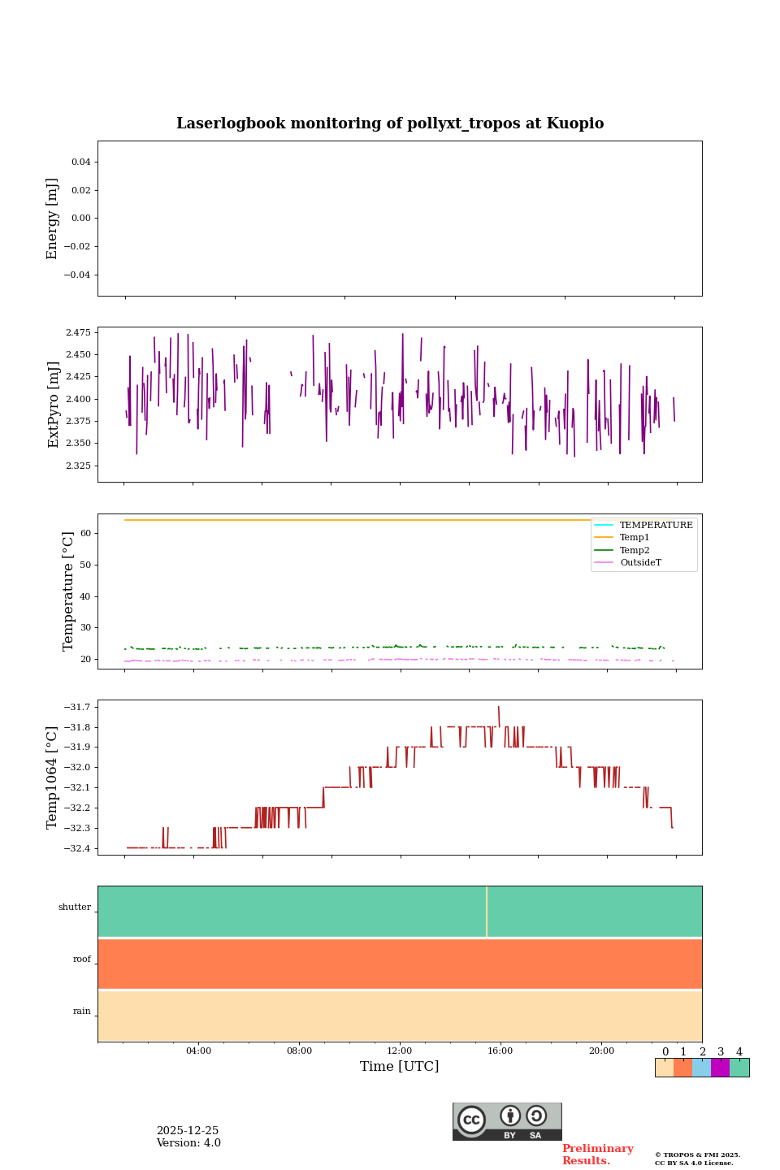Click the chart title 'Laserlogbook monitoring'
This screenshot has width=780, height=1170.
[x=390, y=123]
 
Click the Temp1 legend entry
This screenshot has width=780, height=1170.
[x=635, y=538]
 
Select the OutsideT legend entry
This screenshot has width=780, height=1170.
[x=640, y=563]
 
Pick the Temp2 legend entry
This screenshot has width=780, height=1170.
[x=635, y=550]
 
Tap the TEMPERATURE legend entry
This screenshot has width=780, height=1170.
[x=656, y=526]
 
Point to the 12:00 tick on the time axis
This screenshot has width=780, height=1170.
[x=400, y=1051]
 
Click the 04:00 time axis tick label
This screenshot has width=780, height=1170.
[x=198, y=1051]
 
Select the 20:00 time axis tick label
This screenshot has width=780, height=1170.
[x=601, y=1051]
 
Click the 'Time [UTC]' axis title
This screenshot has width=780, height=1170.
[x=400, y=1067]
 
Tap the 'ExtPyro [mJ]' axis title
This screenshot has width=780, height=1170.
[x=54, y=405]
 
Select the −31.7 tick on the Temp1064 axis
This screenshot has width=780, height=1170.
[x=76, y=708]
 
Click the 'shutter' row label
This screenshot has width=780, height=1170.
[x=75, y=908]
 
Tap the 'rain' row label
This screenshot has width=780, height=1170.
[x=82, y=1012]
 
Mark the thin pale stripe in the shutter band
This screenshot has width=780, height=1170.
[x=487, y=912]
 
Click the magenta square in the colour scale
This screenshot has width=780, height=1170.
[x=720, y=1068]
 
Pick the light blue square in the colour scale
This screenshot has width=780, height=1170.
[x=701, y=1068]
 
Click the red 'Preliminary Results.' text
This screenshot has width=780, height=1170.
[x=597, y=1155]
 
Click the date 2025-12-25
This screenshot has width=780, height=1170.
[x=188, y=1131]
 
